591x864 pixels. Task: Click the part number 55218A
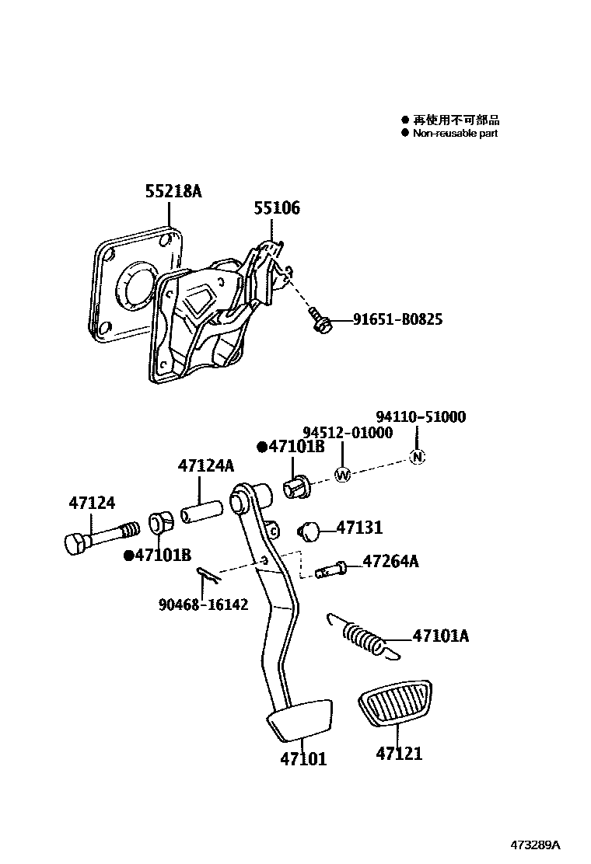pyautogui.click(x=173, y=191)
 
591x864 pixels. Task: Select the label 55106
pyautogui.click(x=276, y=208)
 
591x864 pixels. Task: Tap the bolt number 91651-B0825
pyautogui.click(x=397, y=319)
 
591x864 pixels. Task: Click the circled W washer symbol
pyautogui.click(x=343, y=474)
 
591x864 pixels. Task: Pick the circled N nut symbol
pyautogui.click(x=418, y=457)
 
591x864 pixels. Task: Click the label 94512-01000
pyautogui.click(x=348, y=433)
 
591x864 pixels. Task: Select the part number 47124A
pyautogui.click(x=205, y=466)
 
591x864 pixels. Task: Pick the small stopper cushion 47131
pyautogui.click(x=311, y=531)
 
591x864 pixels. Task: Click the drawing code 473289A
pyautogui.click(x=535, y=845)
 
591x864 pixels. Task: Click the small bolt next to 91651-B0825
pyautogui.click(x=320, y=321)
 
